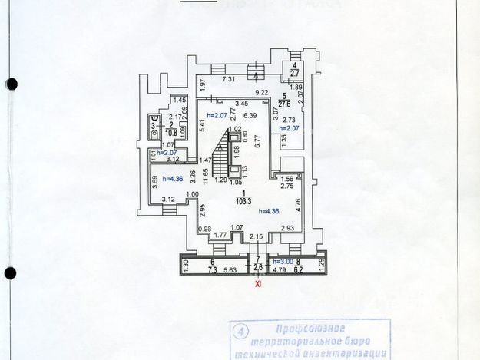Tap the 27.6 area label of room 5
click(283, 101)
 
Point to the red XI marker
click(258, 283)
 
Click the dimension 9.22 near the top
click(263, 92)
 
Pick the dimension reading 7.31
click(228, 79)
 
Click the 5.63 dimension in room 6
click(229, 270)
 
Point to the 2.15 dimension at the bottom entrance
click(257, 236)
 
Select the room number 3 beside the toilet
click(153, 124)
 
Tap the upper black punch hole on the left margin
click(11, 84)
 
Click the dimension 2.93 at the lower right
click(288, 229)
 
